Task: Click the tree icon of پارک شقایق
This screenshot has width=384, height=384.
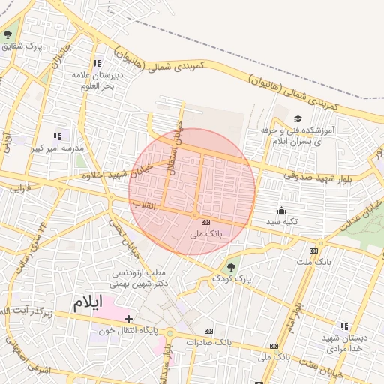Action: point(8,34)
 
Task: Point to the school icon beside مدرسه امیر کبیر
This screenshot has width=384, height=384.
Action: point(58,136)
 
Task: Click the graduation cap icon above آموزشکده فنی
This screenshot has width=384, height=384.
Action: point(298,119)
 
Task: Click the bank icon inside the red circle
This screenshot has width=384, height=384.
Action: point(205,222)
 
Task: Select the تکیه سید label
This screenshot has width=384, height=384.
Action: point(283,222)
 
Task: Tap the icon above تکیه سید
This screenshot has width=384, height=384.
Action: point(282,210)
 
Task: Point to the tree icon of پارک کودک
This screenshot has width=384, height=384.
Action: point(232,266)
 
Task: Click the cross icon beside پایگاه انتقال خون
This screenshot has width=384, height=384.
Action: point(129,319)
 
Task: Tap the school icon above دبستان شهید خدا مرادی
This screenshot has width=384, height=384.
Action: point(343,326)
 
